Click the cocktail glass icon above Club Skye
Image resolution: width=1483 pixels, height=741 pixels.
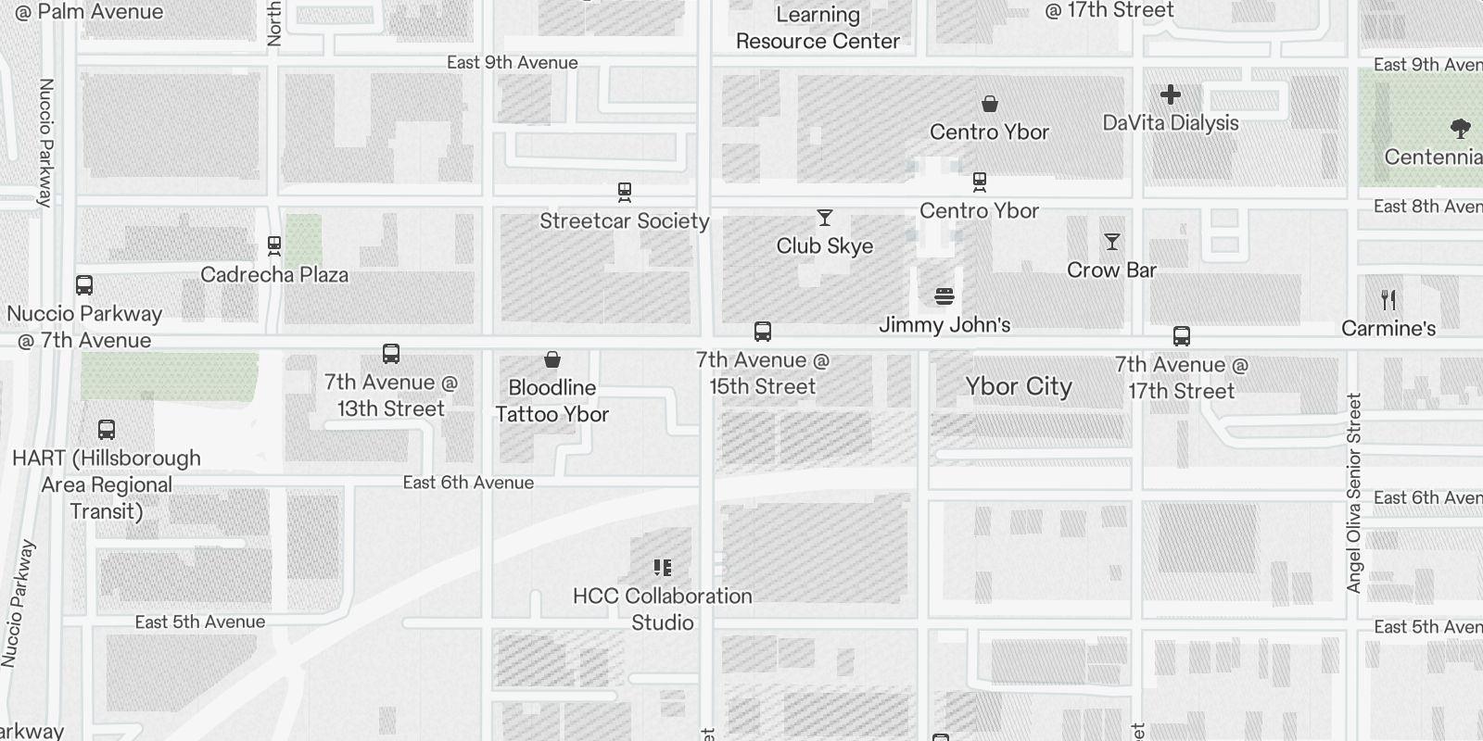[x=825, y=218]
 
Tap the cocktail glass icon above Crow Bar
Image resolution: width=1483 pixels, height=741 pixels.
[x=1112, y=242]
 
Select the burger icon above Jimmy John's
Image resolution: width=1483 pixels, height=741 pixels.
[x=944, y=296]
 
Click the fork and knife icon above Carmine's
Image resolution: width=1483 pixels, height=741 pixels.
[x=1388, y=300]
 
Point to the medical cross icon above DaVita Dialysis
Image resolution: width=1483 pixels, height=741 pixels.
[x=1171, y=94]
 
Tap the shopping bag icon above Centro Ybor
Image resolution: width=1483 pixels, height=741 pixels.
[x=990, y=104]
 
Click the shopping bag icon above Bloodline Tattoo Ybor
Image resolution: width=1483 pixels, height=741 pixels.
[x=552, y=359]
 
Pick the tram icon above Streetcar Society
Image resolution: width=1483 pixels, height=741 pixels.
[x=625, y=193]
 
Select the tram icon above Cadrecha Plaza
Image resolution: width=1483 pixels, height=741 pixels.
[x=274, y=246]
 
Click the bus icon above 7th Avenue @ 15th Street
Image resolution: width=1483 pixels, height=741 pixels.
[x=763, y=332]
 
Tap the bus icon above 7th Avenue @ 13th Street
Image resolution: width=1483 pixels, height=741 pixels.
[x=391, y=354]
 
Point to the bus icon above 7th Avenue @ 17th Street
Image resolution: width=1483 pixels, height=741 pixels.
[x=1182, y=336]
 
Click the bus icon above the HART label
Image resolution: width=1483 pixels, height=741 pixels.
[x=107, y=430]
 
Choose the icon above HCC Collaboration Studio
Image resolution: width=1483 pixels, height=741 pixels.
[x=663, y=568]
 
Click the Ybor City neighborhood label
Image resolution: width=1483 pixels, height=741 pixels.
[x=1019, y=386]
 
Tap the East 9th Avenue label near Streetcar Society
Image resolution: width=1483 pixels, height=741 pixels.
[x=512, y=62]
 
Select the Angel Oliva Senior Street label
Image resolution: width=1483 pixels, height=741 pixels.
[x=1354, y=493]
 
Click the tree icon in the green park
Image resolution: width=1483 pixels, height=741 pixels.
[x=1461, y=128]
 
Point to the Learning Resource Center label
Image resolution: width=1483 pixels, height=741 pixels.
[x=818, y=28]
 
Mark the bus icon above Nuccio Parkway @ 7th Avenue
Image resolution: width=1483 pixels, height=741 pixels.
[x=84, y=285]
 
